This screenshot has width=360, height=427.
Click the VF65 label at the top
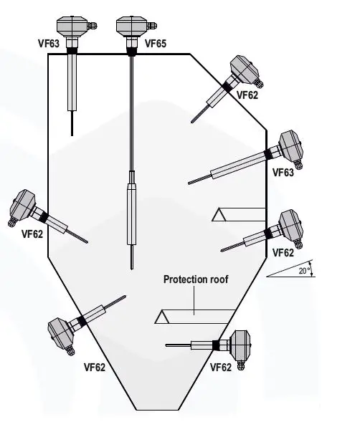click(x=156, y=44)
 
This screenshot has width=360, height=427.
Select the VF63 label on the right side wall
click(x=283, y=173)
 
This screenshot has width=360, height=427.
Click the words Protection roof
click(x=196, y=279)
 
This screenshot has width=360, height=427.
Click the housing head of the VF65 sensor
click(x=131, y=26)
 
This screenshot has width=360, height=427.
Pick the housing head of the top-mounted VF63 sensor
click(x=72, y=26)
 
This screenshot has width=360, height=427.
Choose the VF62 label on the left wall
click(x=32, y=234)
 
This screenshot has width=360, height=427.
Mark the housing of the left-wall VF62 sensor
click(x=22, y=207)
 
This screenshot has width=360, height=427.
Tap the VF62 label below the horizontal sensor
click(x=221, y=368)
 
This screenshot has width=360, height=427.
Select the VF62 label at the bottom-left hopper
click(x=93, y=368)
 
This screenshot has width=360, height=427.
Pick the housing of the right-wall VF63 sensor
click(x=289, y=148)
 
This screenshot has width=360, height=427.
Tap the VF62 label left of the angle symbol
click(x=283, y=253)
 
